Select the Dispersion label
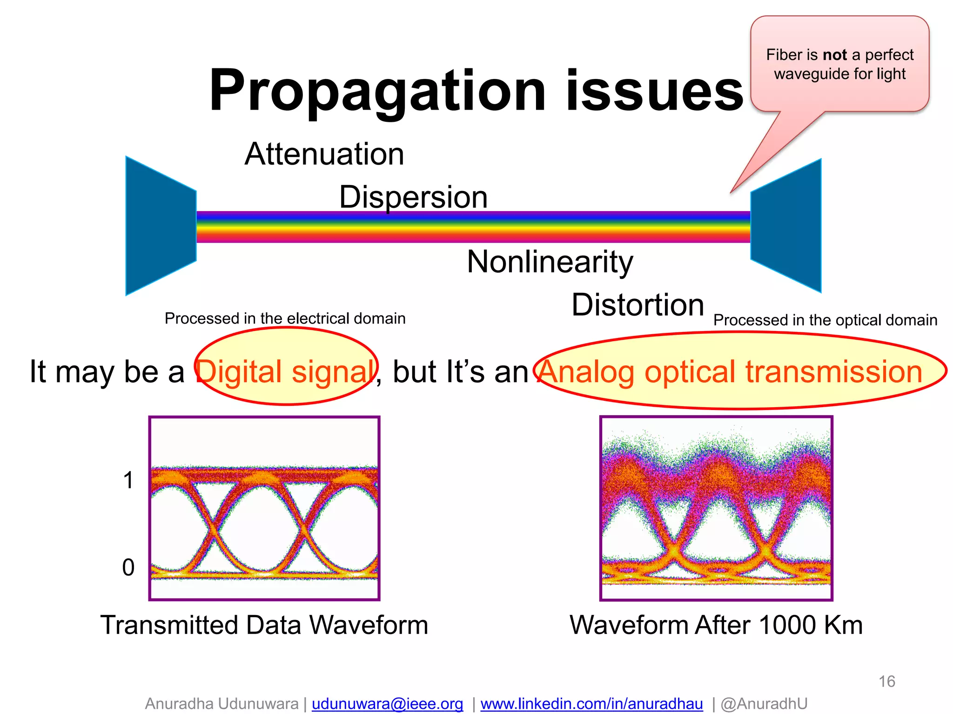coord(413,197)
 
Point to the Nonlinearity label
coord(550,262)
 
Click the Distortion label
coord(638,305)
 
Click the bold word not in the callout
coord(835,55)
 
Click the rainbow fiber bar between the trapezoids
coord(472,227)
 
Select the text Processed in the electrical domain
coord(285,318)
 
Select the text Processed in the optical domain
coord(825,320)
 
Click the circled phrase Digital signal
coord(285,372)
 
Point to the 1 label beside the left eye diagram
coord(128,480)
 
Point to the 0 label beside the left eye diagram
coord(128,568)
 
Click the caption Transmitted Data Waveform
coord(264,625)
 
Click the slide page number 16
coord(886,681)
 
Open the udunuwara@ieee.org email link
coord(387,704)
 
